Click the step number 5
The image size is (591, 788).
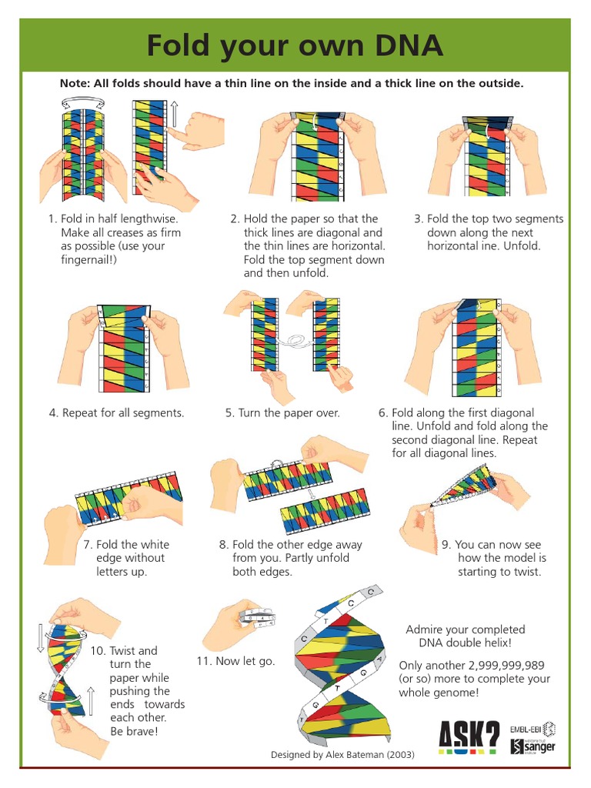click(x=229, y=412)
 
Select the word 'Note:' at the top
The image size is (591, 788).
click(x=77, y=83)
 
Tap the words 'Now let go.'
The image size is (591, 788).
click(x=245, y=661)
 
